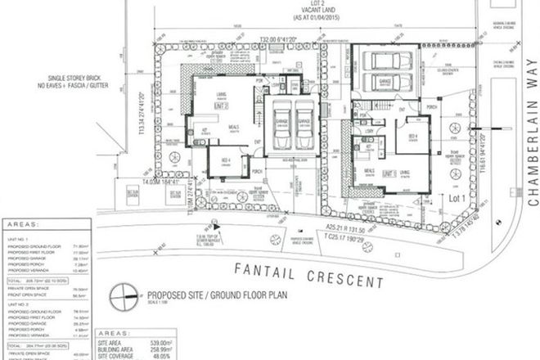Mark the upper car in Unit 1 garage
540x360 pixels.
pos(385,61)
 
